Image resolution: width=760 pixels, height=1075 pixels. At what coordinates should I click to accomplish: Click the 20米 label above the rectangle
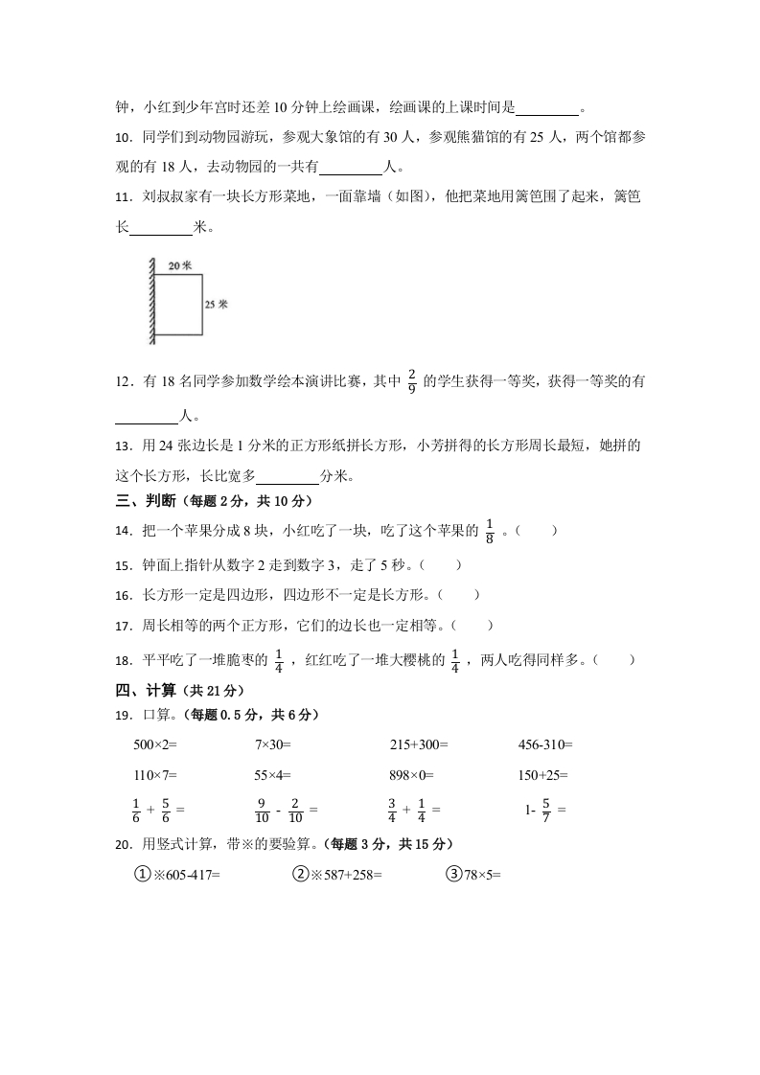pyautogui.click(x=179, y=264)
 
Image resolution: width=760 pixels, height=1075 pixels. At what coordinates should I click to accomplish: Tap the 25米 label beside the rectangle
pyautogui.click(x=216, y=304)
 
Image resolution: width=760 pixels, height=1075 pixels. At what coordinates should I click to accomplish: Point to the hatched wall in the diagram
pyautogui.click(x=150, y=301)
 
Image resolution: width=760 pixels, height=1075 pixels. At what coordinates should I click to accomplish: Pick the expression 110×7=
pyautogui.click(x=155, y=775)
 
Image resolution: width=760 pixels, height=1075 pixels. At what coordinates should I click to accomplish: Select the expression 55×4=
pyautogui.click(x=272, y=775)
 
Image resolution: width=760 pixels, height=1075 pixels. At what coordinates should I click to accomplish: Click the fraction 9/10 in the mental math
pyautogui.click(x=263, y=810)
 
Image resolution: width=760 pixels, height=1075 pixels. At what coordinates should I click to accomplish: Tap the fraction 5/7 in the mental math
pyautogui.click(x=546, y=810)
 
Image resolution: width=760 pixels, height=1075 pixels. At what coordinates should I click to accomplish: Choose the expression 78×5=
pyautogui.click(x=483, y=874)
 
